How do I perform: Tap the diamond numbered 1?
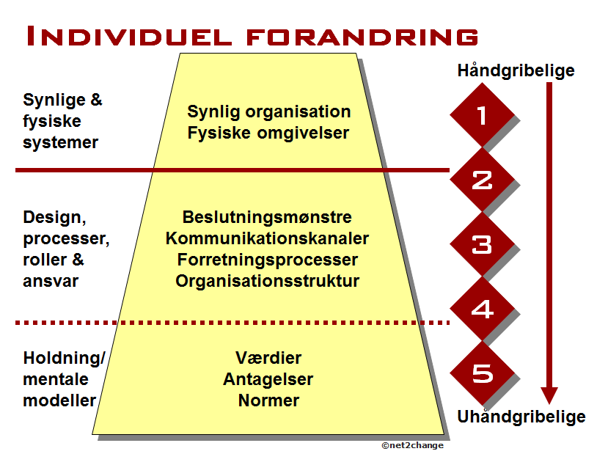click(481, 115)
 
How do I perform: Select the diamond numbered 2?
click(481, 180)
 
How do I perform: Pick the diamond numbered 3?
click(481, 244)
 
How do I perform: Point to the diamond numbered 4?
click(481, 308)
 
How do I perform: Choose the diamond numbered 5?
click(481, 373)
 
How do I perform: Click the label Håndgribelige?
click(516, 71)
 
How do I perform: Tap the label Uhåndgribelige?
click(521, 417)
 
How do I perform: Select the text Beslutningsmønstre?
click(267, 218)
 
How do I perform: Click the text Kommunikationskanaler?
click(267, 238)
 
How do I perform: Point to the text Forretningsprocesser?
click(267, 260)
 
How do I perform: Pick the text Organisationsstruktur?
click(267, 280)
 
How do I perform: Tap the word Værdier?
click(268, 359)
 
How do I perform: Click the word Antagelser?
click(268, 379)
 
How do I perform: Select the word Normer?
click(268, 400)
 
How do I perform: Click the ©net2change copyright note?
click(412, 445)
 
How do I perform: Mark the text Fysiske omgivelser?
click(268, 133)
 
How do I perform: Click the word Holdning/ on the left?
click(65, 359)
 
